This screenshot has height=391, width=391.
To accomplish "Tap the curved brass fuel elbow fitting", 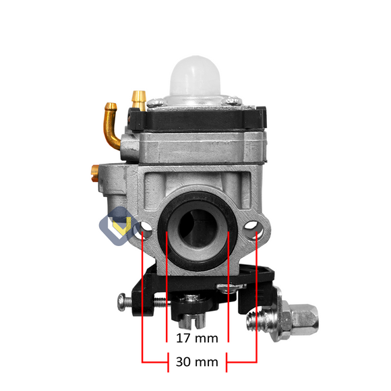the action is pos(111,125).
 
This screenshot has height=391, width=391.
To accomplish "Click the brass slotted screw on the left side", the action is pos(95,173).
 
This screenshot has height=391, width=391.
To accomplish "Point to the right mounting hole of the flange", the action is pos(253,228).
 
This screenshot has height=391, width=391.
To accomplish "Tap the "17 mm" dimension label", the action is pos(197,338).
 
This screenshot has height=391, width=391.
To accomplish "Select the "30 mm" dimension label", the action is pos(197,362).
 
